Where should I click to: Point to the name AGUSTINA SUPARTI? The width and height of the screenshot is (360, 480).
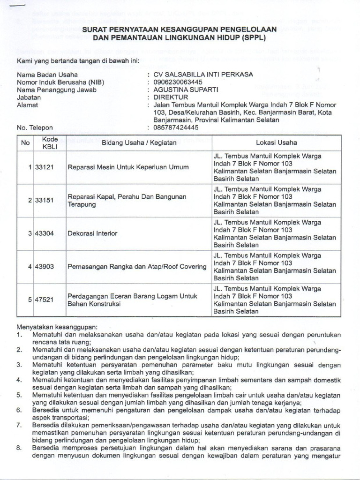183,90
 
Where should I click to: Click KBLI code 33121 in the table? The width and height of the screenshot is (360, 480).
45,167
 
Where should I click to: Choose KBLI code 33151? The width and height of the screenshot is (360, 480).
45,200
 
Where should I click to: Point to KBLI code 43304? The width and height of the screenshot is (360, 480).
45,233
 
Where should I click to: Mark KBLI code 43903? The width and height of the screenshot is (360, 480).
45,267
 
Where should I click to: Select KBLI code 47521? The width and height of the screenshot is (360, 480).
45,300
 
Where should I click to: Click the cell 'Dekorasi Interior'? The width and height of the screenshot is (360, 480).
93,233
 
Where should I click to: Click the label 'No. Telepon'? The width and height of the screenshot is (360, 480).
35,127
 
